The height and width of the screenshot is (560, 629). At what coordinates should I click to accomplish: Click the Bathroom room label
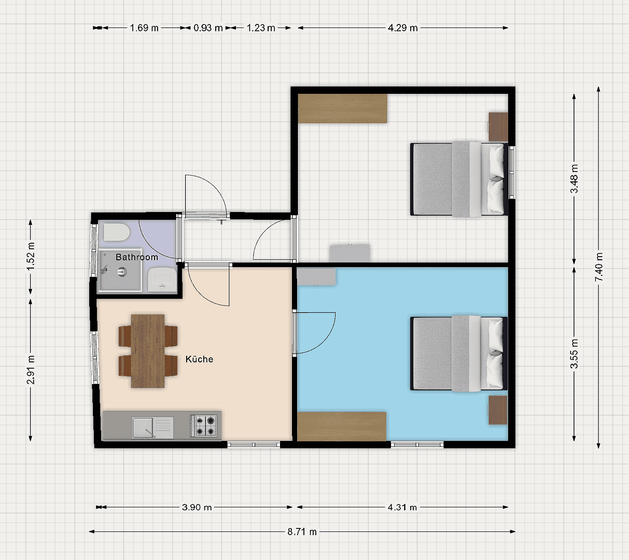pyautogui.click(x=136, y=257)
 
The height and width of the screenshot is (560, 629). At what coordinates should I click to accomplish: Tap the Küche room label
pyautogui.click(x=199, y=359)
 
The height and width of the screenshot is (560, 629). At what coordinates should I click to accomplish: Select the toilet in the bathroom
pyautogui.click(x=116, y=232)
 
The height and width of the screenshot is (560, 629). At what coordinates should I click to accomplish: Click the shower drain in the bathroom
pyautogui.click(x=122, y=270)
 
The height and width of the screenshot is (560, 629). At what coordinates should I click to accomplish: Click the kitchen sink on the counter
pyautogui.click(x=152, y=427)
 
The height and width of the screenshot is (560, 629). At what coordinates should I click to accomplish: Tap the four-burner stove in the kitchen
pyautogui.click(x=204, y=425)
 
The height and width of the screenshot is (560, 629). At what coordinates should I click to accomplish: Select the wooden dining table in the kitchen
pyautogui.click(x=148, y=351)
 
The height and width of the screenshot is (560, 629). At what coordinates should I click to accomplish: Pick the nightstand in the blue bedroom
pyautogui.click(x=498, y=410)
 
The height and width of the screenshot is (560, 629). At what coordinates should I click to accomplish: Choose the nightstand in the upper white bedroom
pyautogui.click(x=498, y=127)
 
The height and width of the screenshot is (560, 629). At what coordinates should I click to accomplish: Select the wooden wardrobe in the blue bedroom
pyautogui.click(x=342, y=426)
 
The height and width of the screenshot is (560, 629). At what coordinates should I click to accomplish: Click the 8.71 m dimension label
pyautogui.click(x=302, y=531)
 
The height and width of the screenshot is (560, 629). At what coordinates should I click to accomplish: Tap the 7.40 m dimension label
pyautogui.click(x=599, y=267)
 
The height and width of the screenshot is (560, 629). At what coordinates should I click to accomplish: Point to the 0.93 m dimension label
pyautogui.click(x=208, y=28)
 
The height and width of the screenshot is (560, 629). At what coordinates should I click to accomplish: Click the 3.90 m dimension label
pyautogui.click(x=197, y=507)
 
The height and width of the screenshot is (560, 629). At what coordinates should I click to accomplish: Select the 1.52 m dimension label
pyautogui.click(x=31, y=256)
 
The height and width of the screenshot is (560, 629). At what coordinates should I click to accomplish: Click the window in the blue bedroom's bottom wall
pyautogui.click(x=417, y=444)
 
